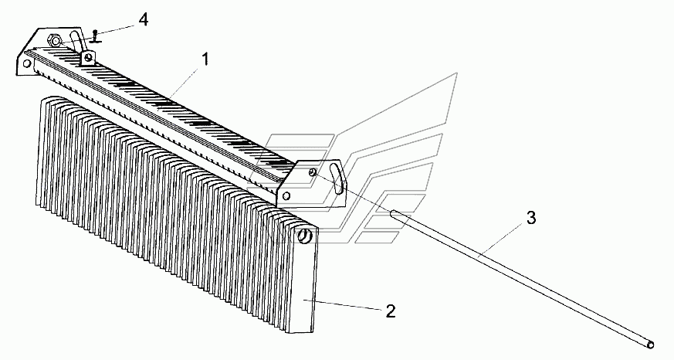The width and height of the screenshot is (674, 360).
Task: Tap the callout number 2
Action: [391, 311]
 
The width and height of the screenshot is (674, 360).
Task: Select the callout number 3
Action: [531, 219]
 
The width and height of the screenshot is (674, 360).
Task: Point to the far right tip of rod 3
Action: [652, 345]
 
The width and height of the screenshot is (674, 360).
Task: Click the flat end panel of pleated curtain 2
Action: [305, 286]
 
